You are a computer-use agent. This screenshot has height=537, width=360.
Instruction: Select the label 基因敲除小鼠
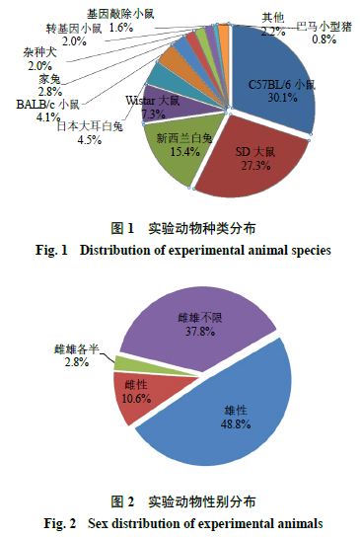(x=120, y=15)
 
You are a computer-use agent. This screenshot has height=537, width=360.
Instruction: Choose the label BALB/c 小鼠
(x=48, y=104)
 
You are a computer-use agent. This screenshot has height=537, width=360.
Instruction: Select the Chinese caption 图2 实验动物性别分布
(x=180, y=500)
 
